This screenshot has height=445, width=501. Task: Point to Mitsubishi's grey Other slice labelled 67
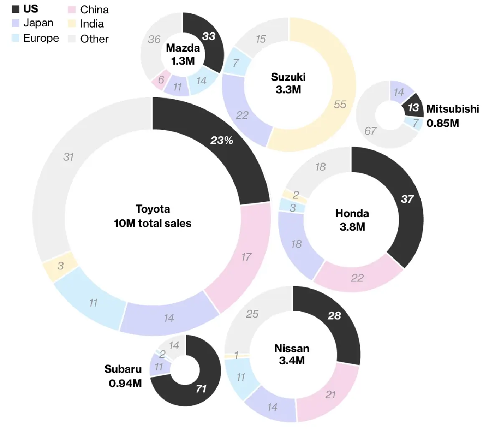[x=372, y=129]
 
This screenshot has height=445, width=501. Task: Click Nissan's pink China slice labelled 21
[x=330, y=394]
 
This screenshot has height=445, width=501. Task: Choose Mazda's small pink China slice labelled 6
[x=161, y=80]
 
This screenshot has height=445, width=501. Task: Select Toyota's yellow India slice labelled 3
[x=61, y=266]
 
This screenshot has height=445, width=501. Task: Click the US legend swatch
[x=16, y=9]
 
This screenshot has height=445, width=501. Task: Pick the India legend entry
[x=91, y=24]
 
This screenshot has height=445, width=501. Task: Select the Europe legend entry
[x=40, y=38]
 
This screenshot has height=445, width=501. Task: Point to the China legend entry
[x=94, y=10]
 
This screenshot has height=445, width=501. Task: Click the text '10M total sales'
[x=152, y=223]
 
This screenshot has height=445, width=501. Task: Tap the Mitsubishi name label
[x=452, y=109]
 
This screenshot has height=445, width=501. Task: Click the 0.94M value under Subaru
[x=125, y=383]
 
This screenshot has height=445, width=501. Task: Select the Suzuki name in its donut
[x=288, y=77]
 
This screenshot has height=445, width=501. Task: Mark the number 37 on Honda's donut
[x=407, y=199]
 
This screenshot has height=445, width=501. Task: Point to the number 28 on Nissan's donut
[x=334, y=316]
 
